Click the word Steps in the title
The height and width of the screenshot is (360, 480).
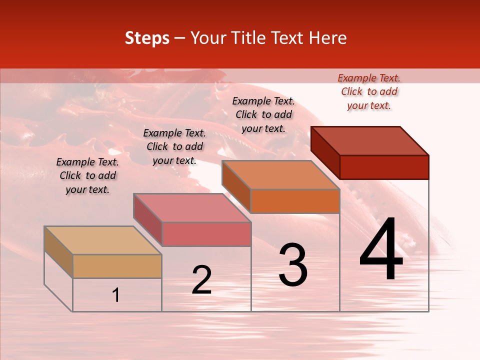tap(147, 38)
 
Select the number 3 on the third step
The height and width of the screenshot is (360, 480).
tap(293, 264)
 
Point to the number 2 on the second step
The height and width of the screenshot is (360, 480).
tap(201, 280)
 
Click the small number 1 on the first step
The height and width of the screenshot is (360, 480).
tap(116, 295)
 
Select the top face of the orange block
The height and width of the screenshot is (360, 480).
tap(280, 175)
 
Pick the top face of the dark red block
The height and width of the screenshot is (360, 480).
tap(369, 141)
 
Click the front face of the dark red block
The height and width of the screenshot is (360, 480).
tap(384, 167)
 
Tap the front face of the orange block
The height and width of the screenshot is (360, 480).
tap(295, 201)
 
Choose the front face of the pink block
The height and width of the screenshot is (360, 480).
tap(206, 234)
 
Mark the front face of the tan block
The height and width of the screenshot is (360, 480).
tap(117, 266)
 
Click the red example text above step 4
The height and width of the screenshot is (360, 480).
tap(369, 91)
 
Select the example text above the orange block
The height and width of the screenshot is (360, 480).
tap(263, 114)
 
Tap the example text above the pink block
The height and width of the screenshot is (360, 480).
tap(174, 146)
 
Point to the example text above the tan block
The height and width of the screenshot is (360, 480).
tap(87, 175)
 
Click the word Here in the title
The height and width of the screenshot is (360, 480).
tap(328, 38)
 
